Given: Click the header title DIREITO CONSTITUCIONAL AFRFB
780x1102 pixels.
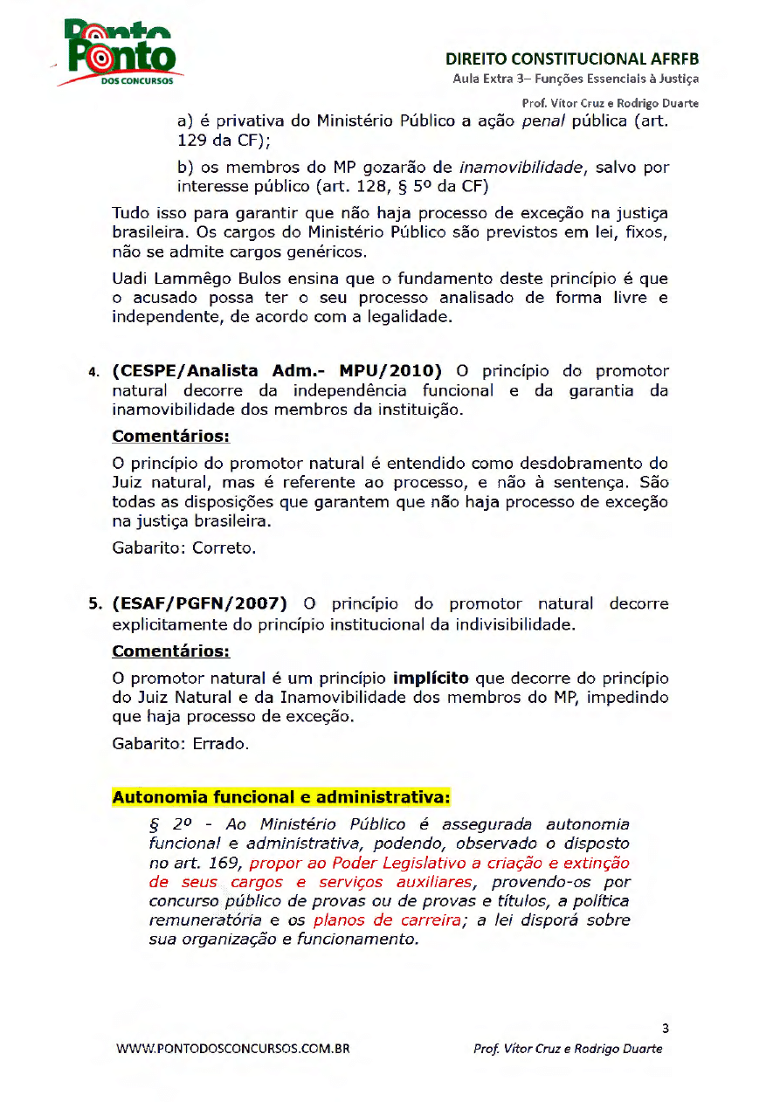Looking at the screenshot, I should pos(572,60).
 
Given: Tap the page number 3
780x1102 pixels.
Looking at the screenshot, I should pos(666,1028).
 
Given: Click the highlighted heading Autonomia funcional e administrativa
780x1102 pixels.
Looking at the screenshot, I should pos(281,797).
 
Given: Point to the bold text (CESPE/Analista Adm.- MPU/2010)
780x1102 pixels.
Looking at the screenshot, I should pos(278,371).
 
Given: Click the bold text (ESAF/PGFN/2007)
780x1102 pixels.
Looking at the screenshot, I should pos(199,603).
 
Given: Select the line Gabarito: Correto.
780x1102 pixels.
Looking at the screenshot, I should pos(184,549).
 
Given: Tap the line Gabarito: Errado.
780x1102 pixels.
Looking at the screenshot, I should pos(181,745).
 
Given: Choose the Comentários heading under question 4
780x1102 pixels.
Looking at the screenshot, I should pos(171,436).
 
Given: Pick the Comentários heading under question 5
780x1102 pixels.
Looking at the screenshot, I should pos(171,651).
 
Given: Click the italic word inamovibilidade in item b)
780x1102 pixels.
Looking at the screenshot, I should pos(521,168).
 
